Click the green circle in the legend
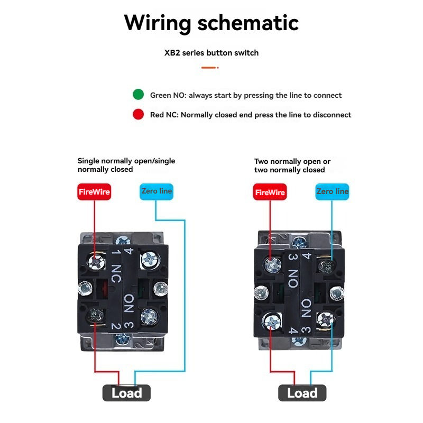tap(138, 95)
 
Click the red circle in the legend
tap(138, 114)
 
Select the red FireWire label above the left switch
tap(94, 192)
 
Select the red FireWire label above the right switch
tap(270, 192)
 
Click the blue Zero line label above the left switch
tap(157, 191)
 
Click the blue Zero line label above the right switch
tap(332, 191)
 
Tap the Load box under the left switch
tap(126, 393)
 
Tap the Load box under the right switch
tap(302, 393)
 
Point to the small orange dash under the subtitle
tap(209, 67)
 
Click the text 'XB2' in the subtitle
tap(172, 53)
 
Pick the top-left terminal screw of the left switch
tap(96, 260)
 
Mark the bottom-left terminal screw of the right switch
tap(271, 319)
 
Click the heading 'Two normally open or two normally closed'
tap(292, 165)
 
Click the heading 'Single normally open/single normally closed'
tap(126, 165)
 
